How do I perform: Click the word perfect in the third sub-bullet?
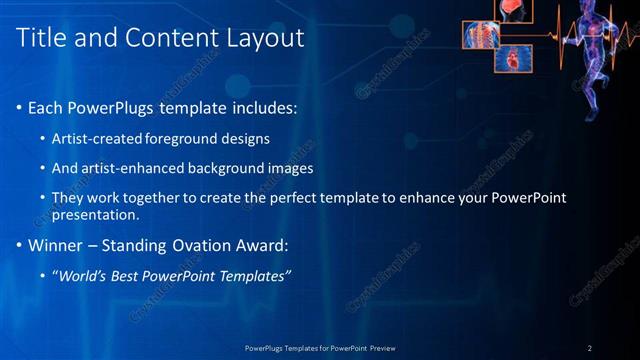tap(301, 198)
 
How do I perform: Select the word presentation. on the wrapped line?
tap(95, 215)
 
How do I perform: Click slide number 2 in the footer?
tap(590, 348)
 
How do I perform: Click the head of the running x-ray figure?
tap(597, 10)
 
